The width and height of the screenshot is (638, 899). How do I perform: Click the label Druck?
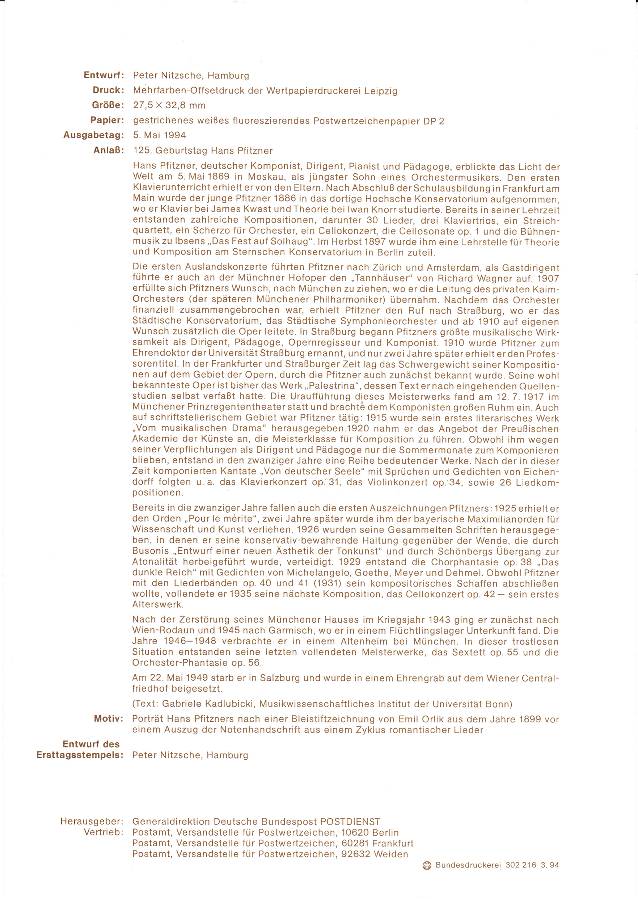pyautogui.click(x=108, y=90)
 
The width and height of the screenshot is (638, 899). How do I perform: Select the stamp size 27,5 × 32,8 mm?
pyautogui.click(x=169, y=105)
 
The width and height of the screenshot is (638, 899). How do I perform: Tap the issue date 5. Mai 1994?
pyautogui.click(x=159, y=135)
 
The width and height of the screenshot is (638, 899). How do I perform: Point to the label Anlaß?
pyautogui.click(x=109, y=150)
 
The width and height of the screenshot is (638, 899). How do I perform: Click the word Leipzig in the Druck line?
pyautogui.click(x=381, y=91)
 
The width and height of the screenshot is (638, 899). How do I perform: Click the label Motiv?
pyautogui.click(x=109, y=719)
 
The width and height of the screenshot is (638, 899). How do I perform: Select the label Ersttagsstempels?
pyautogui.click(x=80, y=755)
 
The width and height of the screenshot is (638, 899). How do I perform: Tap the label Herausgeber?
pyautogui.click(x=92, y=821)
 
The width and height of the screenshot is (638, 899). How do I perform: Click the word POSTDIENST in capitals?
pyautogui.click(x=350, y=821)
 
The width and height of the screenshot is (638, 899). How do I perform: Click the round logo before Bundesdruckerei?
pyautogui.click(x=427, y=865)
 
